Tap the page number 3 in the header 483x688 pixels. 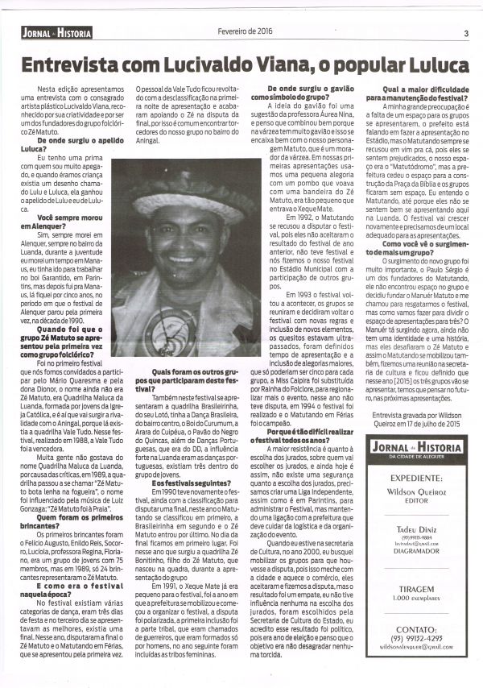click(x=466, y=33)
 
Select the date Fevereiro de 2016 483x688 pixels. click(x=245, y=31)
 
